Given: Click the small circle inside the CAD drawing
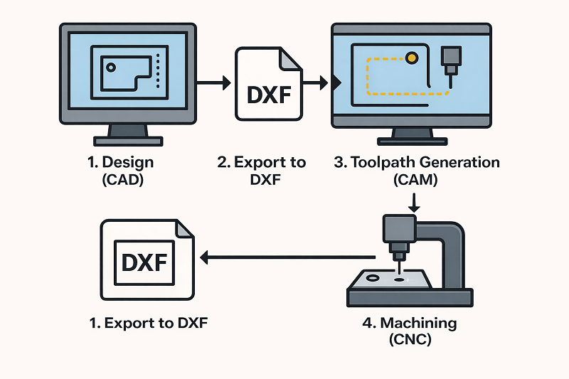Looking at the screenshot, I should pos(110,68).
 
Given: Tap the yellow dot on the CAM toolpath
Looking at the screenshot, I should pos(411,57).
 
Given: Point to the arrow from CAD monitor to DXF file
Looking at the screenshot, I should pos(213,83).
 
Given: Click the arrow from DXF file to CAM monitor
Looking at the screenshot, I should pos(320,83).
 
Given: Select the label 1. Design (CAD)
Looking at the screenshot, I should pos(121,171).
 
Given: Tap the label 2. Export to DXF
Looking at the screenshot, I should pos(262,171).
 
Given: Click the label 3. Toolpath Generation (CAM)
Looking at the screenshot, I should pos(417,171).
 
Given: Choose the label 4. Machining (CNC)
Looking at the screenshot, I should pos(409,331).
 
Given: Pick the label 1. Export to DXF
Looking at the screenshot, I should pos(151,324).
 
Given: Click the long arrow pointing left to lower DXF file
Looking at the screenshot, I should pos(284,257).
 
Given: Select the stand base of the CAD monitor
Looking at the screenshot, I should pos(127,140).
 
